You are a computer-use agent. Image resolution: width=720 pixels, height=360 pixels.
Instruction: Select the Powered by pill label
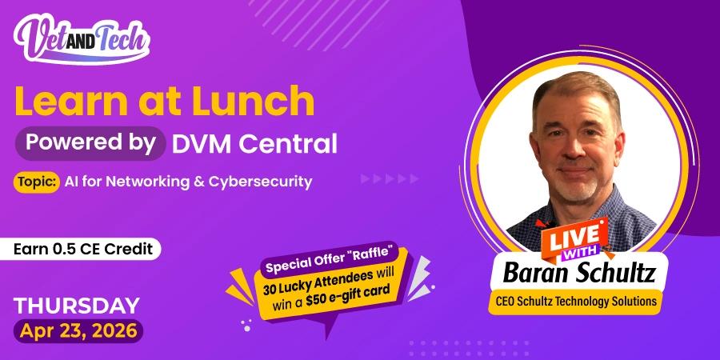(x=90, y=143)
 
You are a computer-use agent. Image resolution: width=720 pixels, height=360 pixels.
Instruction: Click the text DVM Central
(x=254, y=144)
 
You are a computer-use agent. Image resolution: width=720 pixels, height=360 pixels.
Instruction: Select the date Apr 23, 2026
(x=78, y=330)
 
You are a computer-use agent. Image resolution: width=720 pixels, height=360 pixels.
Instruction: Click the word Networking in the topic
(x=129, y=182)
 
